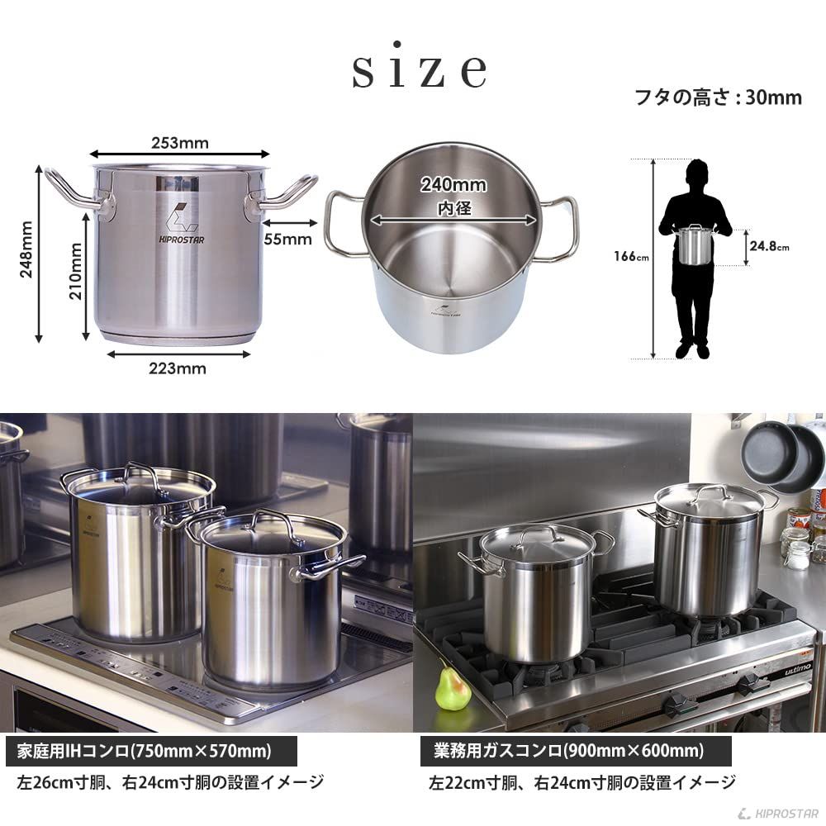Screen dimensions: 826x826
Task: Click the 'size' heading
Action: [419, 72]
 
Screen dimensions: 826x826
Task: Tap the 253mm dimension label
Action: [179, 142]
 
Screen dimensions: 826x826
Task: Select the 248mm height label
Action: [26, 249]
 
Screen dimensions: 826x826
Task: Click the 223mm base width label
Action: [178, 368]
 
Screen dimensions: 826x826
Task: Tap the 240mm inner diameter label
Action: [453, 185]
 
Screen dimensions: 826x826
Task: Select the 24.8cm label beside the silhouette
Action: [769, 246]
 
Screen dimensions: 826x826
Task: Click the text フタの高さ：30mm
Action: [717, 97]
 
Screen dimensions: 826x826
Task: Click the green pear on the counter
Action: [453, 689]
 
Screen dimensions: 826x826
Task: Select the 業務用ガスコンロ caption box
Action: [571, 752]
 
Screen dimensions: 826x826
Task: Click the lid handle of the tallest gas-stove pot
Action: [709, 491]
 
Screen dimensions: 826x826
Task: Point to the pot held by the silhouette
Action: [695, 245]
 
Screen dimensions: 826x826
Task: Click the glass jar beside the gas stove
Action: [797, 553]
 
